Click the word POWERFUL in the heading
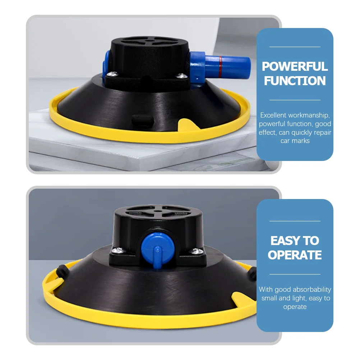(295, 66)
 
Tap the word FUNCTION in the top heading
(295, 81)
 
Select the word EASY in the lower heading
(283, 241)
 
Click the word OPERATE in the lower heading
(295, 255)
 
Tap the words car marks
(295, 141)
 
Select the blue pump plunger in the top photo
(220, 66)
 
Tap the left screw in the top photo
(112, 74)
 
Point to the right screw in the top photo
(181, 75)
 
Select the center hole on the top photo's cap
(149, 42)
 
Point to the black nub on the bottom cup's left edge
(63, 271)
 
